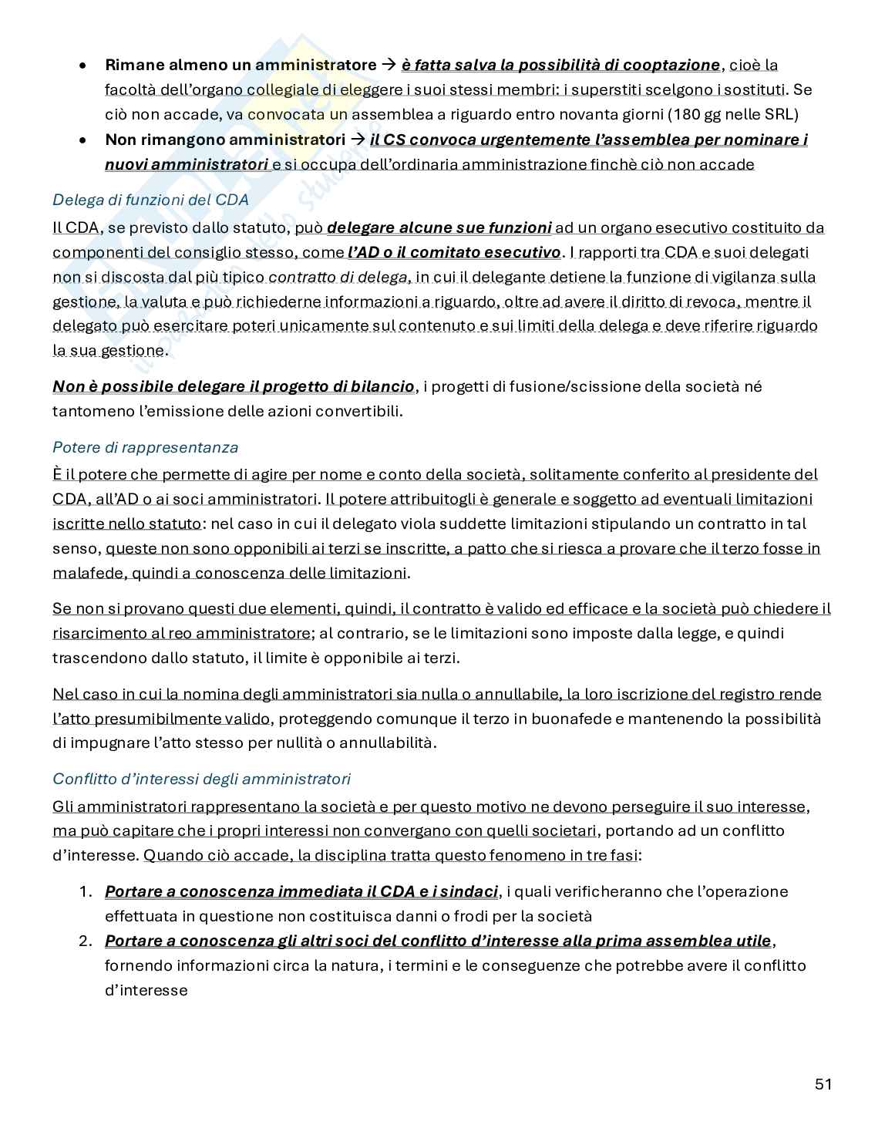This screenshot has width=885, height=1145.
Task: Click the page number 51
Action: click(x=823, y=1084)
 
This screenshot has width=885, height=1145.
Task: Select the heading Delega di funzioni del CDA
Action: click(x=150, y=200)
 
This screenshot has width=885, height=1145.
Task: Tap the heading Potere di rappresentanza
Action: click(x=145, y=447)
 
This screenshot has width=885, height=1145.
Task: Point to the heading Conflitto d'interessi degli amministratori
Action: click(x=201, y=779)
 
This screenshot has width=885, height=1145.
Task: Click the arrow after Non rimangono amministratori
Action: click(x=358, y=140)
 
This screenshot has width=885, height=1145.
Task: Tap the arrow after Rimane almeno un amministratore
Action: click(x=389, y=65)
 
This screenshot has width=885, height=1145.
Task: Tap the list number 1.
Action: click(x=86, y=891)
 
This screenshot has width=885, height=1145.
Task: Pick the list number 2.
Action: click(x=86, y=941)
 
